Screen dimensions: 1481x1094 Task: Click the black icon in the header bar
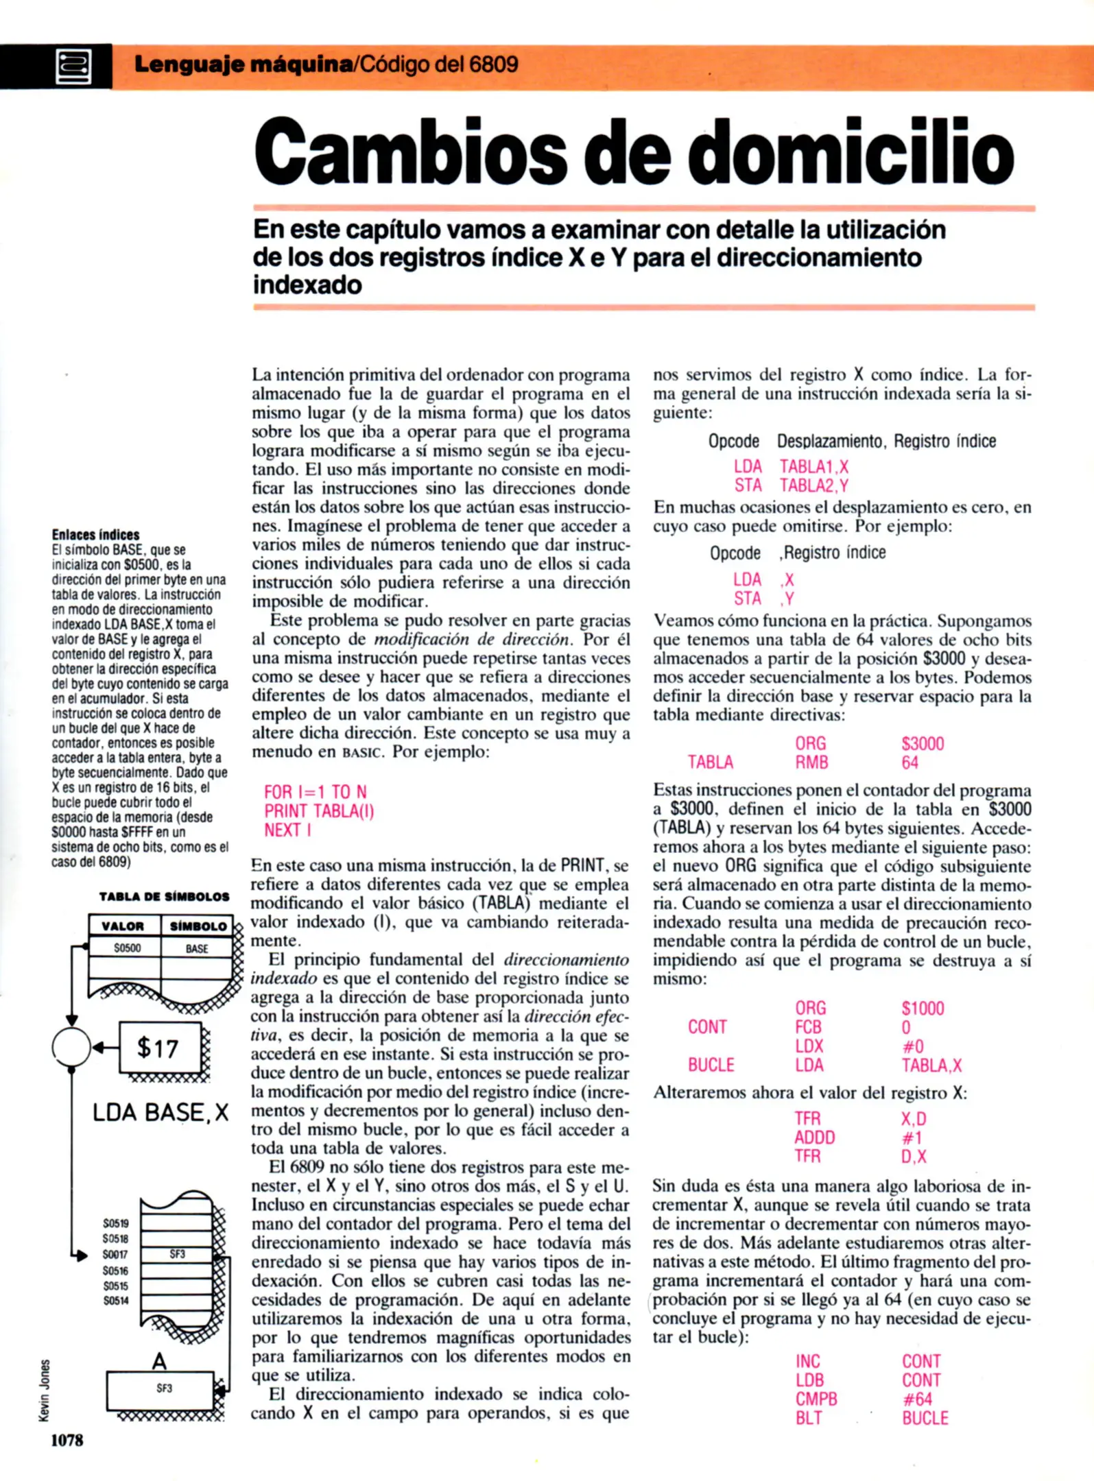click(x=73, y=67)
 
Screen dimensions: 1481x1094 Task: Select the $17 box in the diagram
click(x=160, y=1048)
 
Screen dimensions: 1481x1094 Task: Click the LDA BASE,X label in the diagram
click(x=160, y=1111)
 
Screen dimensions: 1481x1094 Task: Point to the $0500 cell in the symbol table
click(x=127, y=948)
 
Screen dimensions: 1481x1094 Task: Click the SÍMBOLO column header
click(x=198, y=926)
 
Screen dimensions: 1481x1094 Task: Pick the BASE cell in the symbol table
click(x=197, y=949)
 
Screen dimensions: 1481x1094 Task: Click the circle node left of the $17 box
click(x=71, y=1047)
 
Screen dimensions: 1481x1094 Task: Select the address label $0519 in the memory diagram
click(x=116, y=1223)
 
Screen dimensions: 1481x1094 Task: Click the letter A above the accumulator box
click(x=159, y=1361)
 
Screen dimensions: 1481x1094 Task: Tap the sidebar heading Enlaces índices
click(x=95, y=535)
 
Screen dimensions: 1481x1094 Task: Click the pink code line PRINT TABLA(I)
click(x=319, y=811)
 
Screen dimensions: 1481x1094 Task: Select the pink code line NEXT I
click(x=287, y=830)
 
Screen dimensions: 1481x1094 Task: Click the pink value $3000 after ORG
click(x=923, y=743)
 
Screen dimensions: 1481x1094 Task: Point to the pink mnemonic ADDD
click(x=814, y=1137)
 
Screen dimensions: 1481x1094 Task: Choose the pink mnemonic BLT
click(x=809, y=1418)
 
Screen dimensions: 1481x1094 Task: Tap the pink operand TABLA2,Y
click(x=814, y=485)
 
